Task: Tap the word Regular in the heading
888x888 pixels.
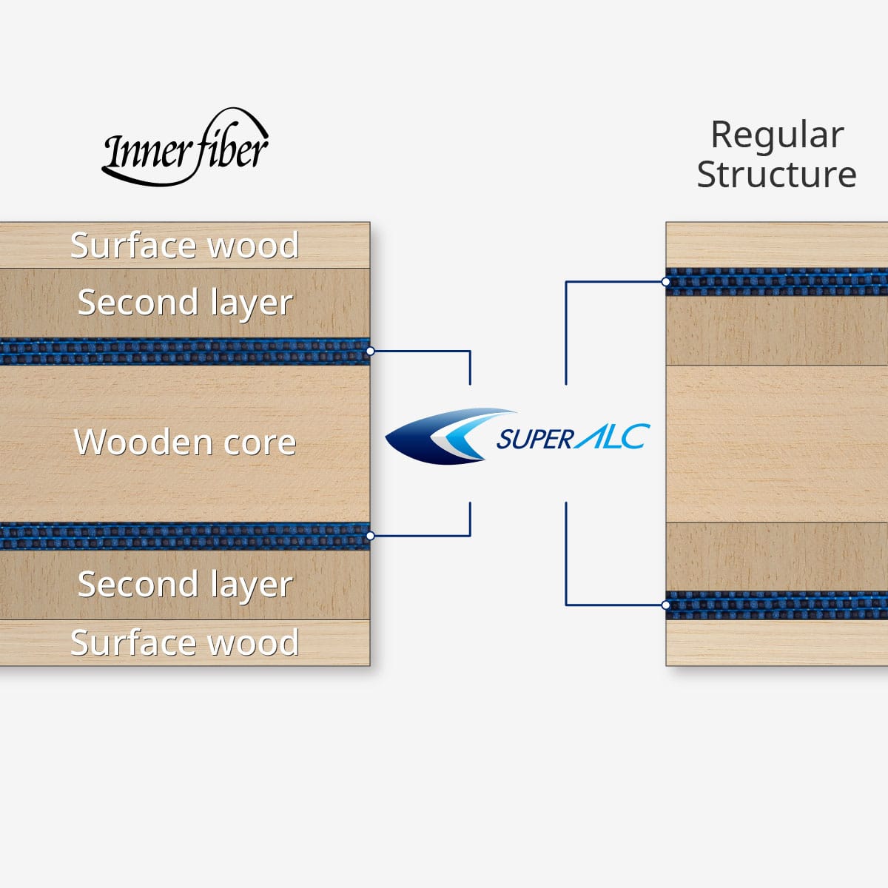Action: pos(777,135)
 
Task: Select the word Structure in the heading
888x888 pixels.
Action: pos(777,175)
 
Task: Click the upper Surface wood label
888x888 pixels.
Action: pos(184,246)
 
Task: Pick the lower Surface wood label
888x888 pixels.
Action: pos(184,642)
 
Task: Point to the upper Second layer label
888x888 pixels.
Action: pos(185,303)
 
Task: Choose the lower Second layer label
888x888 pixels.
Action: pos(185,585)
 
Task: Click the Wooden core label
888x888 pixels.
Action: pos(185,443)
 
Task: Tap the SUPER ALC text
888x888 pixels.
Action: pos(573,438)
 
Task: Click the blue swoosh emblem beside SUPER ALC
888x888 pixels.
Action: pos(444,437)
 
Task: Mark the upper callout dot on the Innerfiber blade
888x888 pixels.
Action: pos(371,351)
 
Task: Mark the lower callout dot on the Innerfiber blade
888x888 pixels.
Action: pos(371,535)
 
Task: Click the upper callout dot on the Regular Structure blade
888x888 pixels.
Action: pos(666,282)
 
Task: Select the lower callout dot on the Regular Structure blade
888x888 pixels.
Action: pos(666,605)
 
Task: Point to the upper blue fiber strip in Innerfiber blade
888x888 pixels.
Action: pos(185,351)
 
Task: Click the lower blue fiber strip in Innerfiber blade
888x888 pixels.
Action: pos(185,536)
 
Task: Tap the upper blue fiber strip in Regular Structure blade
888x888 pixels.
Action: pos(777,282)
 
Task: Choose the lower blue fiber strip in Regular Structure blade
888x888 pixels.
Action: pos(777,605)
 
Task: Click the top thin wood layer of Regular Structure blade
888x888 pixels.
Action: pos(777,245)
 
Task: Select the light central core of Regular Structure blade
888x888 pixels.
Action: pos(777,444)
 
